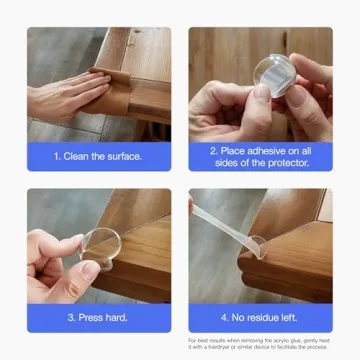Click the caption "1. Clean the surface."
[98, 156]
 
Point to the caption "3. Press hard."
[98, 318]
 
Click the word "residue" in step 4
[259, 318]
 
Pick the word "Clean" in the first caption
[82, 156]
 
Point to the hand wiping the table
[65, 90]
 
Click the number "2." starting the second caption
[215, 150]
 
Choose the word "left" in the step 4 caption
[286, 318]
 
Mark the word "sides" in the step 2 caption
[236, 162]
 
